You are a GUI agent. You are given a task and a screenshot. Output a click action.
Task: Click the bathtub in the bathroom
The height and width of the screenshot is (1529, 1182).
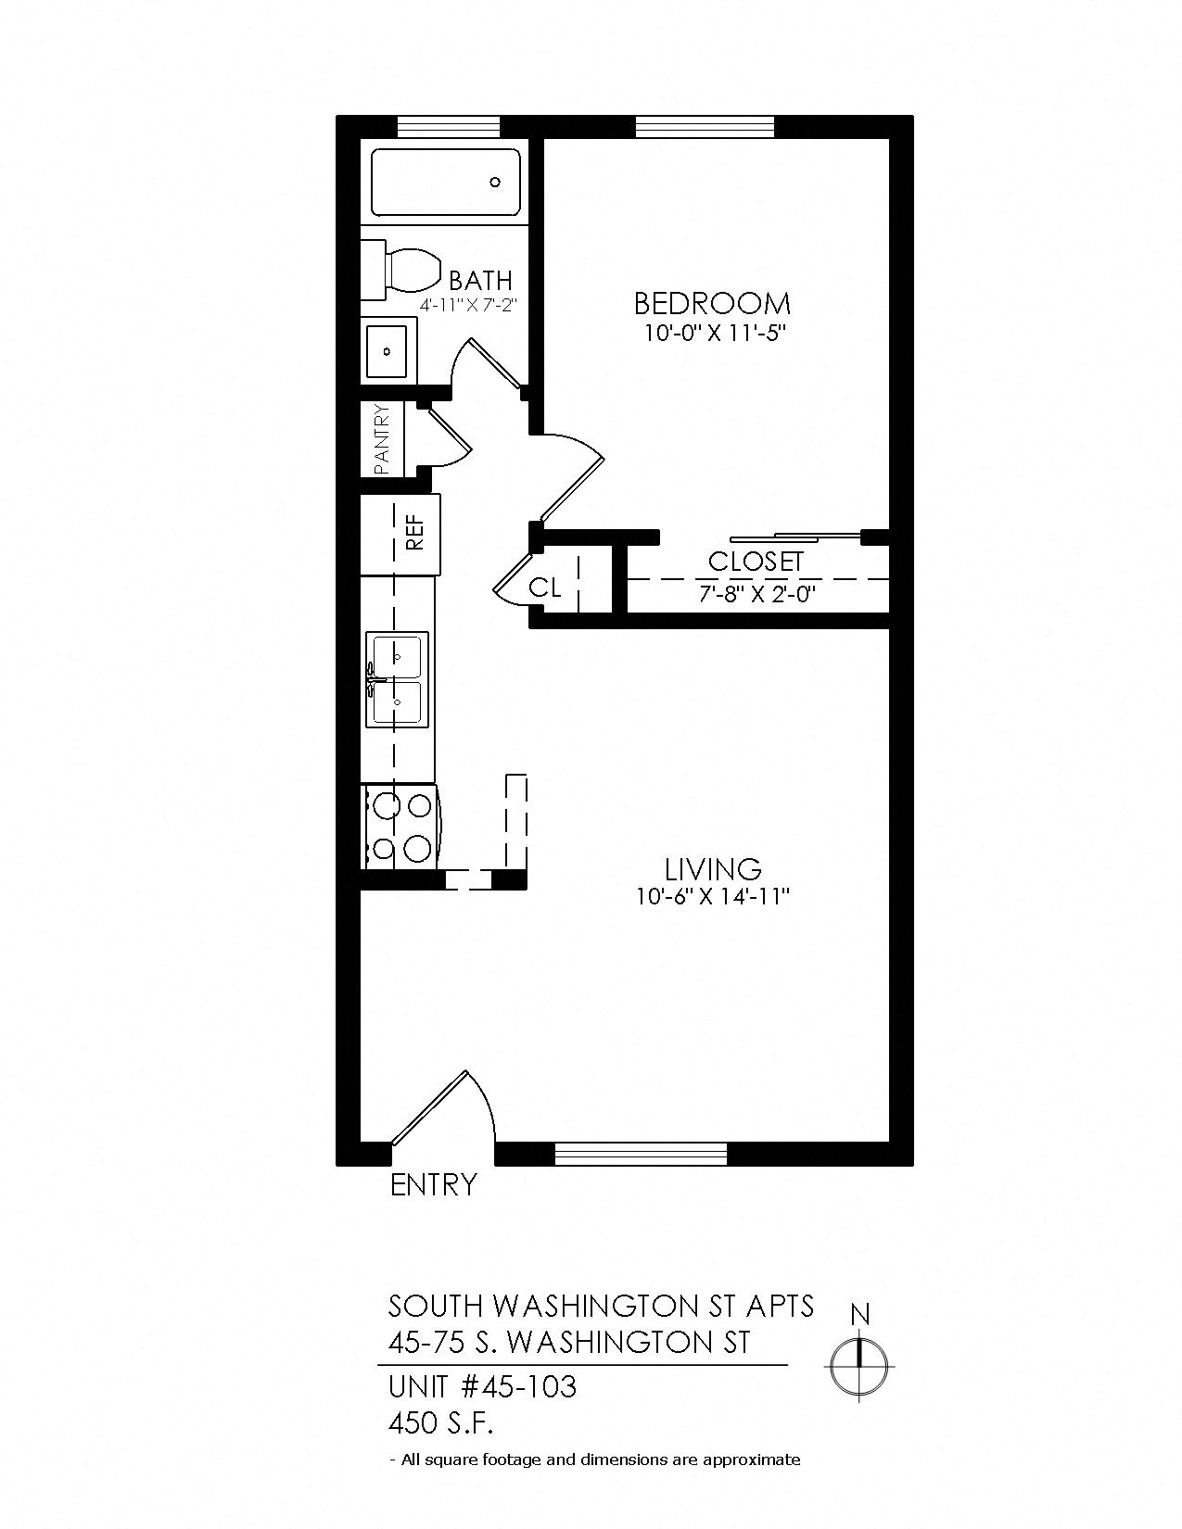click(445, 183)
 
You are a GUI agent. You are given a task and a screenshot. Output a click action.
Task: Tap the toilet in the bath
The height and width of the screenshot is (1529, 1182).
click(405, 270)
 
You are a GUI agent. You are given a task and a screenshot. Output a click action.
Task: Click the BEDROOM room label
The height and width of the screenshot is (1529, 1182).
click(712, 303)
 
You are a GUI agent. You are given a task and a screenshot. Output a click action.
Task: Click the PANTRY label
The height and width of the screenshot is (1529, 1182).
click(381, 440)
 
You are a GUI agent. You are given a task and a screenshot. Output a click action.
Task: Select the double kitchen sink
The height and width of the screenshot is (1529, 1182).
click(397, 680)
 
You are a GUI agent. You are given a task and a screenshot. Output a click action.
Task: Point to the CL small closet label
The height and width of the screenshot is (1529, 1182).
click(545, 588)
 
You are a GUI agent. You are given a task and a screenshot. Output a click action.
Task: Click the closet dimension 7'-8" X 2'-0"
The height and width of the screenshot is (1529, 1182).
click(756, 593)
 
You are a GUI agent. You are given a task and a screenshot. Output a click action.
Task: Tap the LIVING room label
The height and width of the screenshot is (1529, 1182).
click(713, 869)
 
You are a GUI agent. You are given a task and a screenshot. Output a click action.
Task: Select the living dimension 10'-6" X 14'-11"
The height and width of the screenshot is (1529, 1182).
click(712, 897)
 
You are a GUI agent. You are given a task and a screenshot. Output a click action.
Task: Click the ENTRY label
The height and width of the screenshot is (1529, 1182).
click(433, 1185)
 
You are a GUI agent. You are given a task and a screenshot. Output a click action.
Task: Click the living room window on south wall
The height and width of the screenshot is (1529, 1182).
click(640, 1154)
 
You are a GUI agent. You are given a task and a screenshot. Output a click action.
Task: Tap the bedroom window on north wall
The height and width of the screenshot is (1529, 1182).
click(705, 126)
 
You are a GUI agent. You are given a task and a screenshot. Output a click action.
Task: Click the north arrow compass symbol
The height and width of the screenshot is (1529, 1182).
click(860, 1359)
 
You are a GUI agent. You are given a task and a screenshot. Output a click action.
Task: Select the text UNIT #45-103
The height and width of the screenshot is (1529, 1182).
click(482, 1387)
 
